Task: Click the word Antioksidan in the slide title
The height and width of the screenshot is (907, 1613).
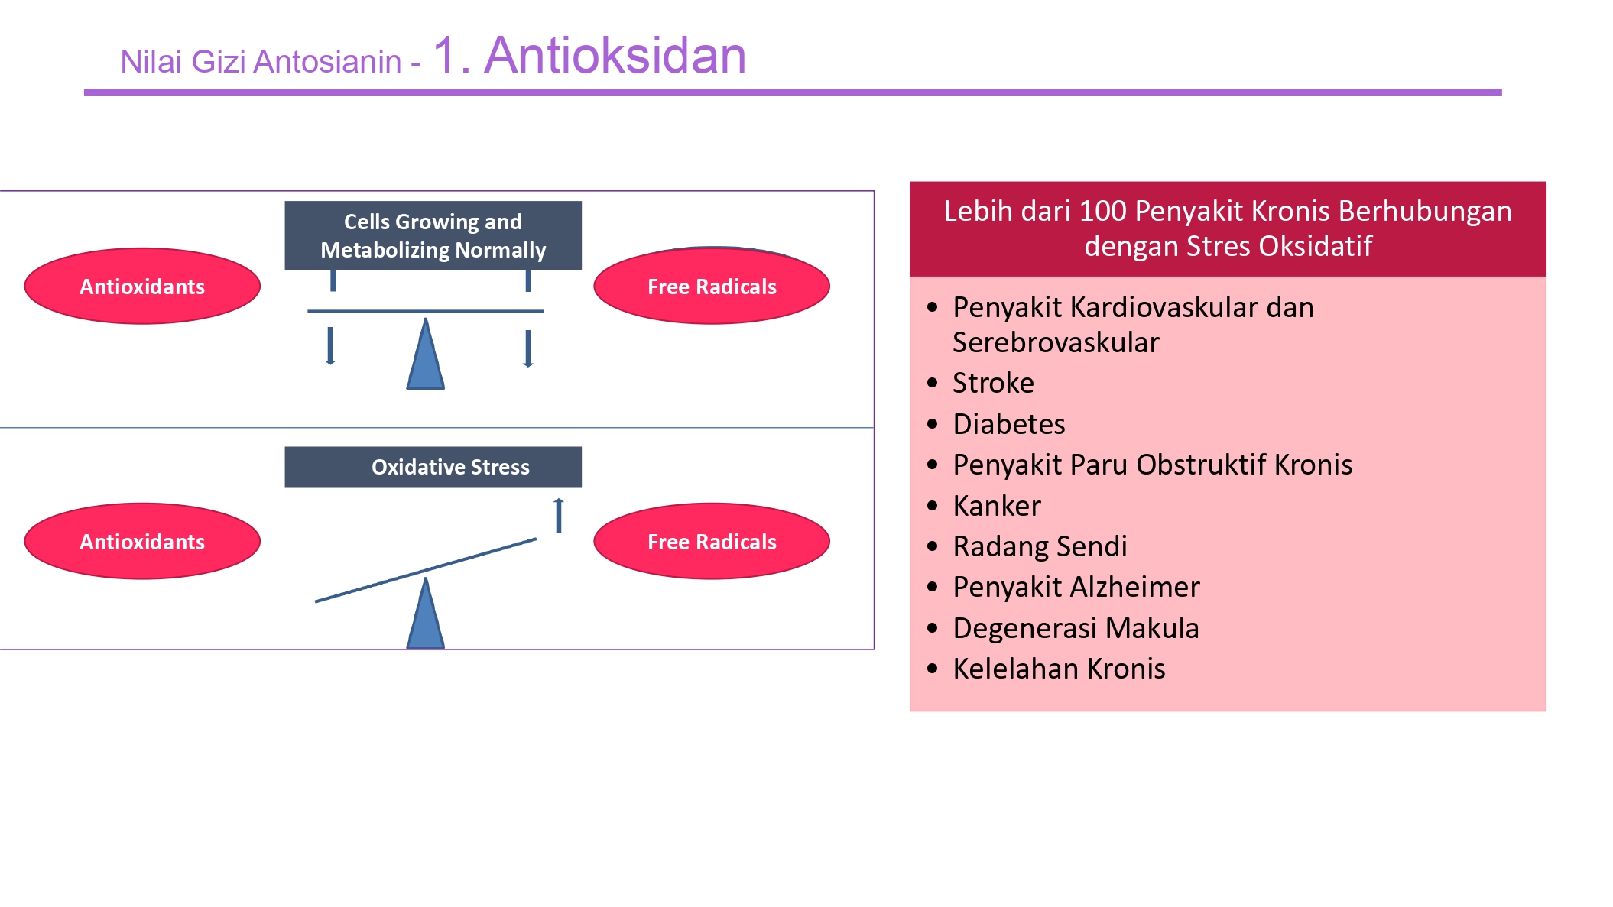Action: (x=615, y=56)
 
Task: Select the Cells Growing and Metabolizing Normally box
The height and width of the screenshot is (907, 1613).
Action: (x=433, y=235)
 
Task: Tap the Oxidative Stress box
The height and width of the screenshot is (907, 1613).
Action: (x=433, y=467)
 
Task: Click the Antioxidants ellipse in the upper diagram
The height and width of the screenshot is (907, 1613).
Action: (x=142, y=287)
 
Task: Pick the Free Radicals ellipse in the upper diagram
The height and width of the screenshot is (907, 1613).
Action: (x=712, y=287)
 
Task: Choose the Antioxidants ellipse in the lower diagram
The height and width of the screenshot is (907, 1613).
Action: (x=142, y=542)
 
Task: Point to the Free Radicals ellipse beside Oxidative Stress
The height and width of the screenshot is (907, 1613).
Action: (x=712, y=542)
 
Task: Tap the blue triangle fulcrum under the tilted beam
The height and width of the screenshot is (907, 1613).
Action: (x=425, y=617)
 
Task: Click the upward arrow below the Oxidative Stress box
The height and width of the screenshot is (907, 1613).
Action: (x=559, y=515)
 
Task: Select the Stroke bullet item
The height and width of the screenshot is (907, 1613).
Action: (x=993, y=383)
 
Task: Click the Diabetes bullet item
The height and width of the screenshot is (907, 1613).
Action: (x=1008, y=424)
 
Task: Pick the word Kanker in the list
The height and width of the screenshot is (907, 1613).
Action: (x=996, y=506)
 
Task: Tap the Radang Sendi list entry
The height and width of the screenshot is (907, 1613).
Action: (x=1040, y=546)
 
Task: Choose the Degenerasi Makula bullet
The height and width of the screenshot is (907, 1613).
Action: (x=1076, y=628)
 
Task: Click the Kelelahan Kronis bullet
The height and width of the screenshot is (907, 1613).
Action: (x=1059, y=669)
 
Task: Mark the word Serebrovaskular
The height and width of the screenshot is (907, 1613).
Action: (x=1056, y=342)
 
